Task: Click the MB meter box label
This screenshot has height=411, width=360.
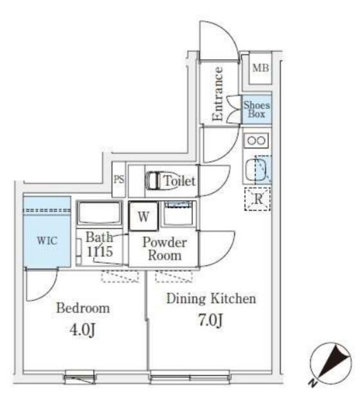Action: tap(260, 68)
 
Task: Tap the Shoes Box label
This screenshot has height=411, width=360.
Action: tap(256, 110)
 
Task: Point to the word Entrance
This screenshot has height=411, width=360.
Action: tap(217, 94)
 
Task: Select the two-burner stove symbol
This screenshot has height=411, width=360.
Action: tap(256, 141)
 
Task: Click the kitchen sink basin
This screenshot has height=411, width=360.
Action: tap(256, 170)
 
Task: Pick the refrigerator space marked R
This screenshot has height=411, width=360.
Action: tap(257, 199)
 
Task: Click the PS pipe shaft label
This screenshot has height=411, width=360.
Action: tap(119, 180)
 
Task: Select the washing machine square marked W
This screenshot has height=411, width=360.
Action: tap(143, 216)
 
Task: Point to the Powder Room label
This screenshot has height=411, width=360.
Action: tap(165, 249)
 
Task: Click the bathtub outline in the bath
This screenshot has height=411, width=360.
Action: tap(100, 213)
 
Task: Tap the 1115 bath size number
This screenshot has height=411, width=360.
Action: tap(100, 252)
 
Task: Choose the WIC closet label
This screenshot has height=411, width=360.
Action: tap(47, 240)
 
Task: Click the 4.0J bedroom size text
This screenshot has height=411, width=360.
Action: tap(82, 329)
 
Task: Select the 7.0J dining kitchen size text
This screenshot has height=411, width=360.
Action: tap(211, 320)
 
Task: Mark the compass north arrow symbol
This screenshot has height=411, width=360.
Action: tap(331, 364)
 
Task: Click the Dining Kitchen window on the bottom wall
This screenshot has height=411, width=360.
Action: tap(190, 378)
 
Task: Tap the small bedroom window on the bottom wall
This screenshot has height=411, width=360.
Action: tap(80, 378)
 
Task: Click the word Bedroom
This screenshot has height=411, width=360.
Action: tap(83, 308)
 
